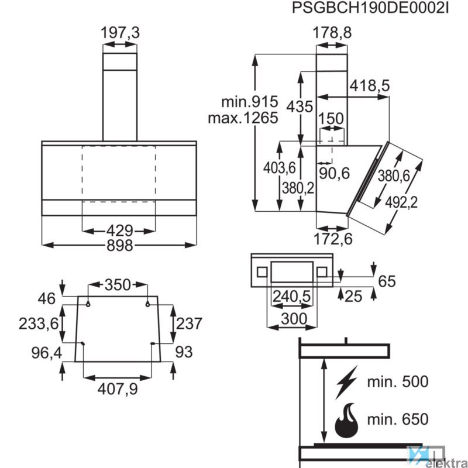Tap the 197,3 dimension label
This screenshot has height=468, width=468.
(x=121, y=33)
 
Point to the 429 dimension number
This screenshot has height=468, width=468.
(x=119, y=230)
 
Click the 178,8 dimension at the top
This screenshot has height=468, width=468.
(x=332, y=33)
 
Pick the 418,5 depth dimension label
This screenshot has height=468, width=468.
(x=370, y=86)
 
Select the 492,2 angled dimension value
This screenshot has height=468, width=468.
(x=401, y=202)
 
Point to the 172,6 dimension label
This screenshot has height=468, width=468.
(x=332, y=238)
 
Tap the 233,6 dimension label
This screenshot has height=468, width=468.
(x=39, y=324)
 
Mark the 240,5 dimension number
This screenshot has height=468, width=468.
(x=291, y=297)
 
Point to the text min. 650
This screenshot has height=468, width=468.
(x=397, y=419)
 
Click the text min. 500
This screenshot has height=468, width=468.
(x=397, y=383)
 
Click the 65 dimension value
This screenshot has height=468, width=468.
(x=387, y=281)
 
